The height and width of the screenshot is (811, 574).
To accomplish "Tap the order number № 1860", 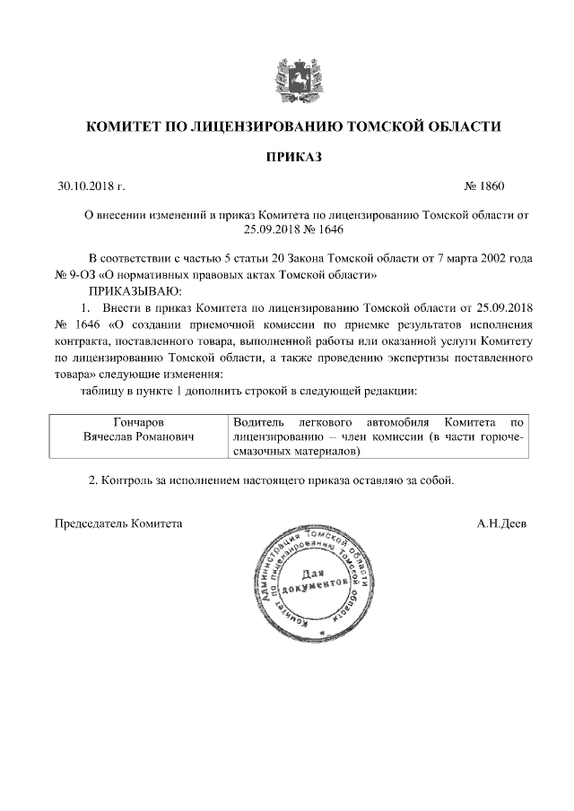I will (x=484, y=187).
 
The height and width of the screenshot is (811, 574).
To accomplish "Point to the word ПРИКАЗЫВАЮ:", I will (x=135, y=291).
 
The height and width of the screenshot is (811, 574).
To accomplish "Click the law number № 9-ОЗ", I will (x=75, y=275).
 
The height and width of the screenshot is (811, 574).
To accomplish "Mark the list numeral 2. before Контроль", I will (x=93, y=480).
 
